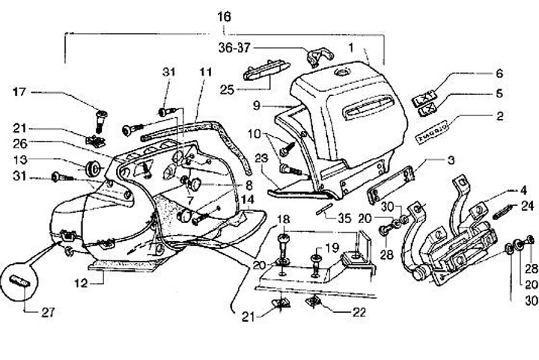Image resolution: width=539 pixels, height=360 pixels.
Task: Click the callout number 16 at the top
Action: [225, 16]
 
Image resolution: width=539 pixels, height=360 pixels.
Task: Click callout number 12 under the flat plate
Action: [100, 282]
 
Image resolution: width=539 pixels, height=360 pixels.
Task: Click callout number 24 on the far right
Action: [526, 206]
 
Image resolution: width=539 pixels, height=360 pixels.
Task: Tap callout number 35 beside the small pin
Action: [344, 219]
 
